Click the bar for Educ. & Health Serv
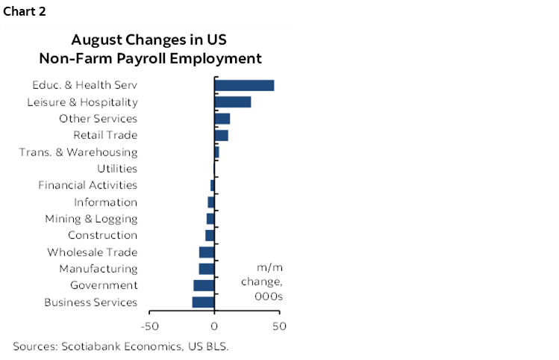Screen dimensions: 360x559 244,85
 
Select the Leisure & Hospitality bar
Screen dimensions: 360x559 233,102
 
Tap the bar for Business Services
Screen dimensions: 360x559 203,302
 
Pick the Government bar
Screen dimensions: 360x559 204,285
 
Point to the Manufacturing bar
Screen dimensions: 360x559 207,269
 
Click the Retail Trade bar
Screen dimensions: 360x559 221,135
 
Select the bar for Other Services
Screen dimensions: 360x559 222,119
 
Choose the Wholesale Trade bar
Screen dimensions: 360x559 207,252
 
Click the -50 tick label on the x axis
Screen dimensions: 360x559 149,326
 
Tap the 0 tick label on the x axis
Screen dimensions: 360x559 214,326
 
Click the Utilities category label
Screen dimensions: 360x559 117,169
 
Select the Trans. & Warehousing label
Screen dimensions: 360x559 78,152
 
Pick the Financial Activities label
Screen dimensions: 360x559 88,185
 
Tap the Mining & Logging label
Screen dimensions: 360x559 91,219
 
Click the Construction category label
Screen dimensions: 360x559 102,235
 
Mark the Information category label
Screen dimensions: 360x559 105,202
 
